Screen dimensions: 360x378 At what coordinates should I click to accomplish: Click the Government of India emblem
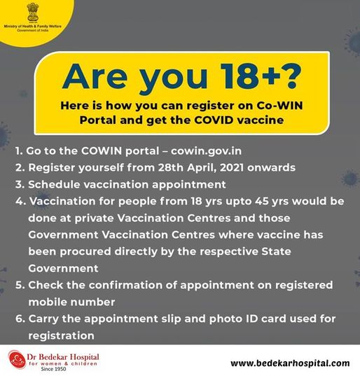(33, 12)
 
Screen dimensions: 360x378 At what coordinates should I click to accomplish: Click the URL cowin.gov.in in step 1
(206, 151)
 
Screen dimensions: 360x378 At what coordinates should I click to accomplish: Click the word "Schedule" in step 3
(54, 184)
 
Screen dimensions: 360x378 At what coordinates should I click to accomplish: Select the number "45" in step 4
(262, 202)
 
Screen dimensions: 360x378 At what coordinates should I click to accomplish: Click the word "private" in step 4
(94, 218)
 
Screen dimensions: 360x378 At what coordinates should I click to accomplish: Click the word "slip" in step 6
(171, 319)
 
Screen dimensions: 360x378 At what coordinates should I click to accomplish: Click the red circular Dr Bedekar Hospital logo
(16, 359)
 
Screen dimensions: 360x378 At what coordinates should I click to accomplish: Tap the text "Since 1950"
(53, 369)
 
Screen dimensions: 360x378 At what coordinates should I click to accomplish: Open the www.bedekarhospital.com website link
(290, 363)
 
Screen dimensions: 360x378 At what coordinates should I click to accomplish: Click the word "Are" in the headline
(95, 76)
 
